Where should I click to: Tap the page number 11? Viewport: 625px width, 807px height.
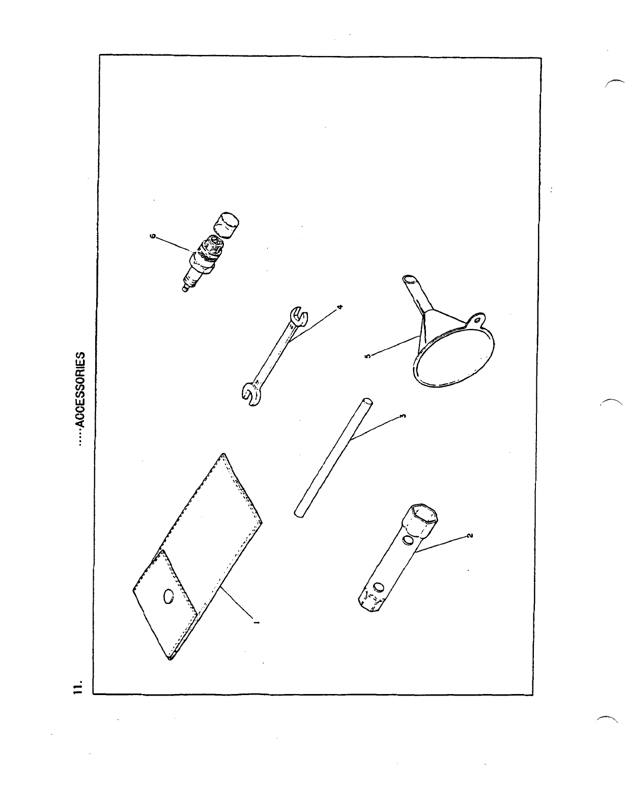(77, 685)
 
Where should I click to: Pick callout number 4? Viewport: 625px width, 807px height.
(340, 306)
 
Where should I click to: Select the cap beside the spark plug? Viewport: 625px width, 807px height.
(228, 225)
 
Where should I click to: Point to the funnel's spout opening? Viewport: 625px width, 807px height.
(408, 279)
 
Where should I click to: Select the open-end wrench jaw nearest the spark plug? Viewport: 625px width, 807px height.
(298, 318)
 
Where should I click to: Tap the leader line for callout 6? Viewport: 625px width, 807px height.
(173, 244)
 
